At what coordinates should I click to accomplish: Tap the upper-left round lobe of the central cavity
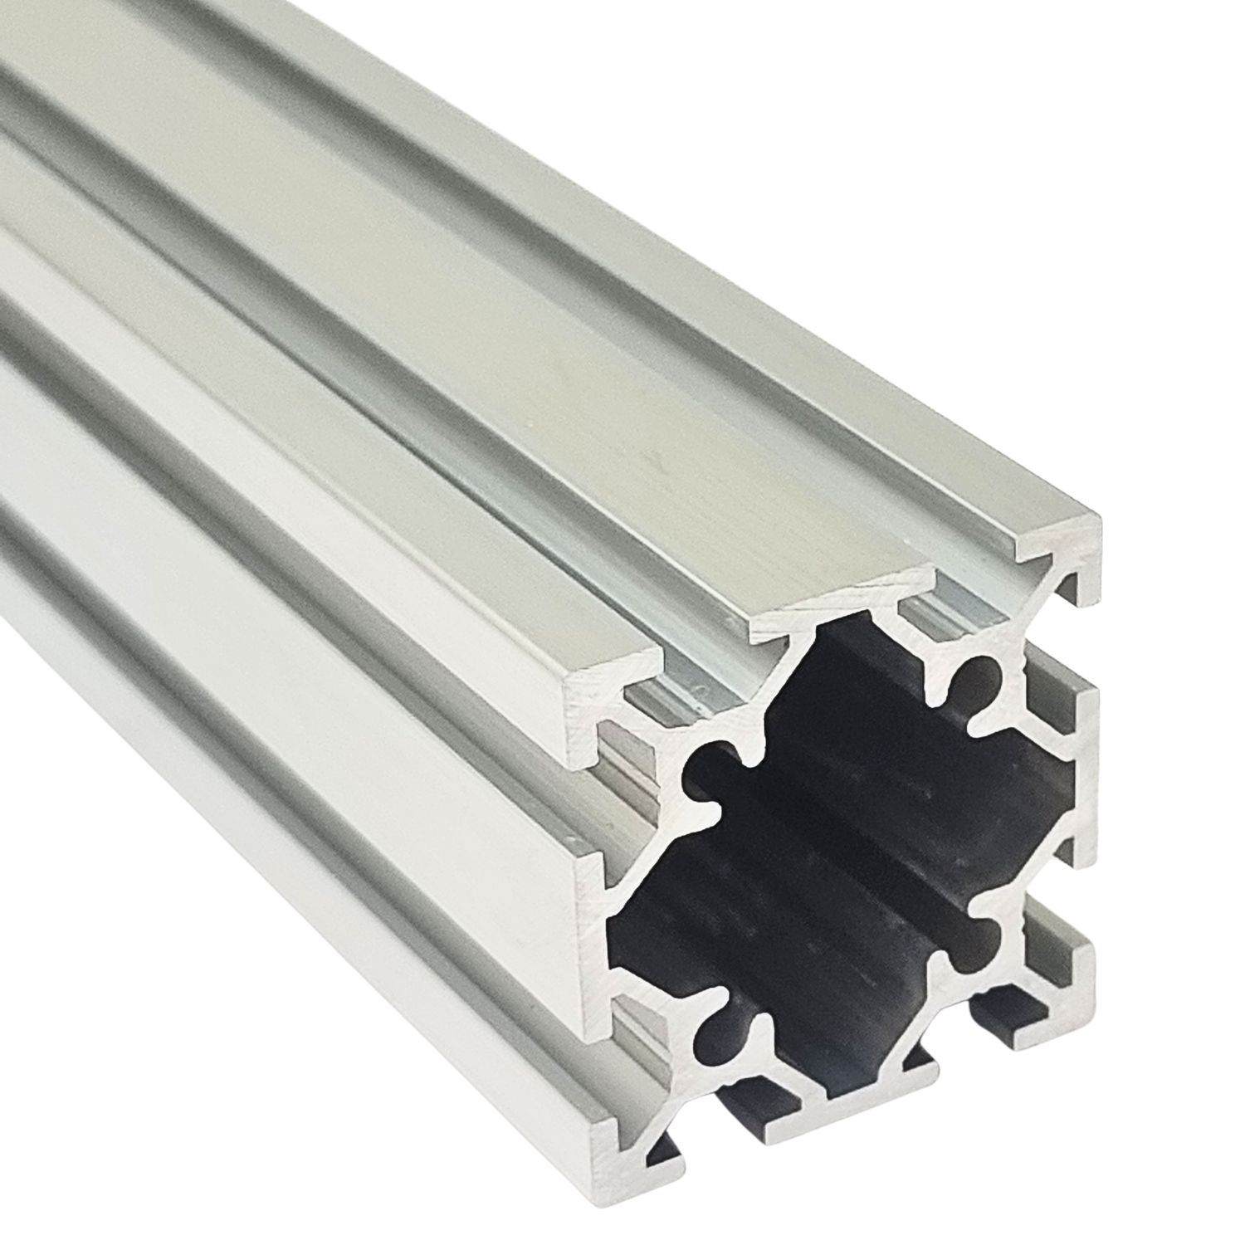click(705, 768)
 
